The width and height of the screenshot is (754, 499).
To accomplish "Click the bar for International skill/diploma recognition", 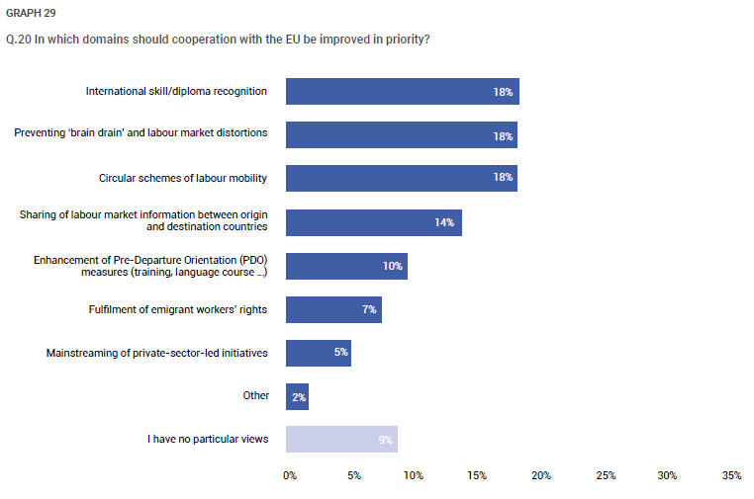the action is [403, 91].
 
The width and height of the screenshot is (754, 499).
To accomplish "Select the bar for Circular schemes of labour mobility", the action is [402, 178].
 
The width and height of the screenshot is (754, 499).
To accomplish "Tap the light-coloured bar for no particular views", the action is [342, 439].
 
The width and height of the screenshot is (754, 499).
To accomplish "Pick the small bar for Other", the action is [297, 396].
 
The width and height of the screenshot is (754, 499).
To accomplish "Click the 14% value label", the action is [444, 222].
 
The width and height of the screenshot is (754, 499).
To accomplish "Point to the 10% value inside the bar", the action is [393, 266].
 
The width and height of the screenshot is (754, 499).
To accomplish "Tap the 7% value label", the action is [369, 309].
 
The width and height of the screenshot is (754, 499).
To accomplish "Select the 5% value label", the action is [341, 352].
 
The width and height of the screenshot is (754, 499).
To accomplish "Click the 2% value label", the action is [299, 397].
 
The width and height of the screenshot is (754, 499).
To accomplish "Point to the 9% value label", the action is [385, 440].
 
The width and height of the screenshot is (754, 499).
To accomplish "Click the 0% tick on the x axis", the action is [290, 475].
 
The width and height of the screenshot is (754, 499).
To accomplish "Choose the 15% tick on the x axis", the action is [477, 475].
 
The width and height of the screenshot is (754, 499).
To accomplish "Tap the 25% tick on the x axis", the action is [606, 475].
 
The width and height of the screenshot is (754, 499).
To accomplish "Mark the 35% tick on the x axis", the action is [731, 475].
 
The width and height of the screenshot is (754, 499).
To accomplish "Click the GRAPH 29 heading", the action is [31, 13].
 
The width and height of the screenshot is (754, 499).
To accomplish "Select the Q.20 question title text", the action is [218, 39].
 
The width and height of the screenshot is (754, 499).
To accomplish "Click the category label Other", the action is [256, 395].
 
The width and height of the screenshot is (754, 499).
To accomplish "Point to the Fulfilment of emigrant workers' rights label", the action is [178, 309].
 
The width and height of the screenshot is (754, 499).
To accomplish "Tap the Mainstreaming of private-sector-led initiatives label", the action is [156, 353].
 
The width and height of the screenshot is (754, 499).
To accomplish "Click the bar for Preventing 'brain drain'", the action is [402, 135].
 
